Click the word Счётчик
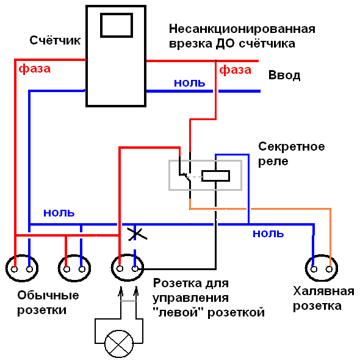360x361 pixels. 55,40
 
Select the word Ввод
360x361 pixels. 284,75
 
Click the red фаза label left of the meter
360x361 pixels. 35,69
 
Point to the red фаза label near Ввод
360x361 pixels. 235,70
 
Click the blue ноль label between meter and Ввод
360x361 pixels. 189,83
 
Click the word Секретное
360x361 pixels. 292,146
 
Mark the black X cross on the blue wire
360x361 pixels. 137,234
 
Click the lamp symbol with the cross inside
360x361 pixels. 119,344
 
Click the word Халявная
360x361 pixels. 323,291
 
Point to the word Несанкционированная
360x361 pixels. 242,29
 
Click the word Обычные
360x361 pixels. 48,295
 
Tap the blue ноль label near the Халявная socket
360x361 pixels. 268,234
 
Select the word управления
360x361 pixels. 191,298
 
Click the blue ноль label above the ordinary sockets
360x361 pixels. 59,213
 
